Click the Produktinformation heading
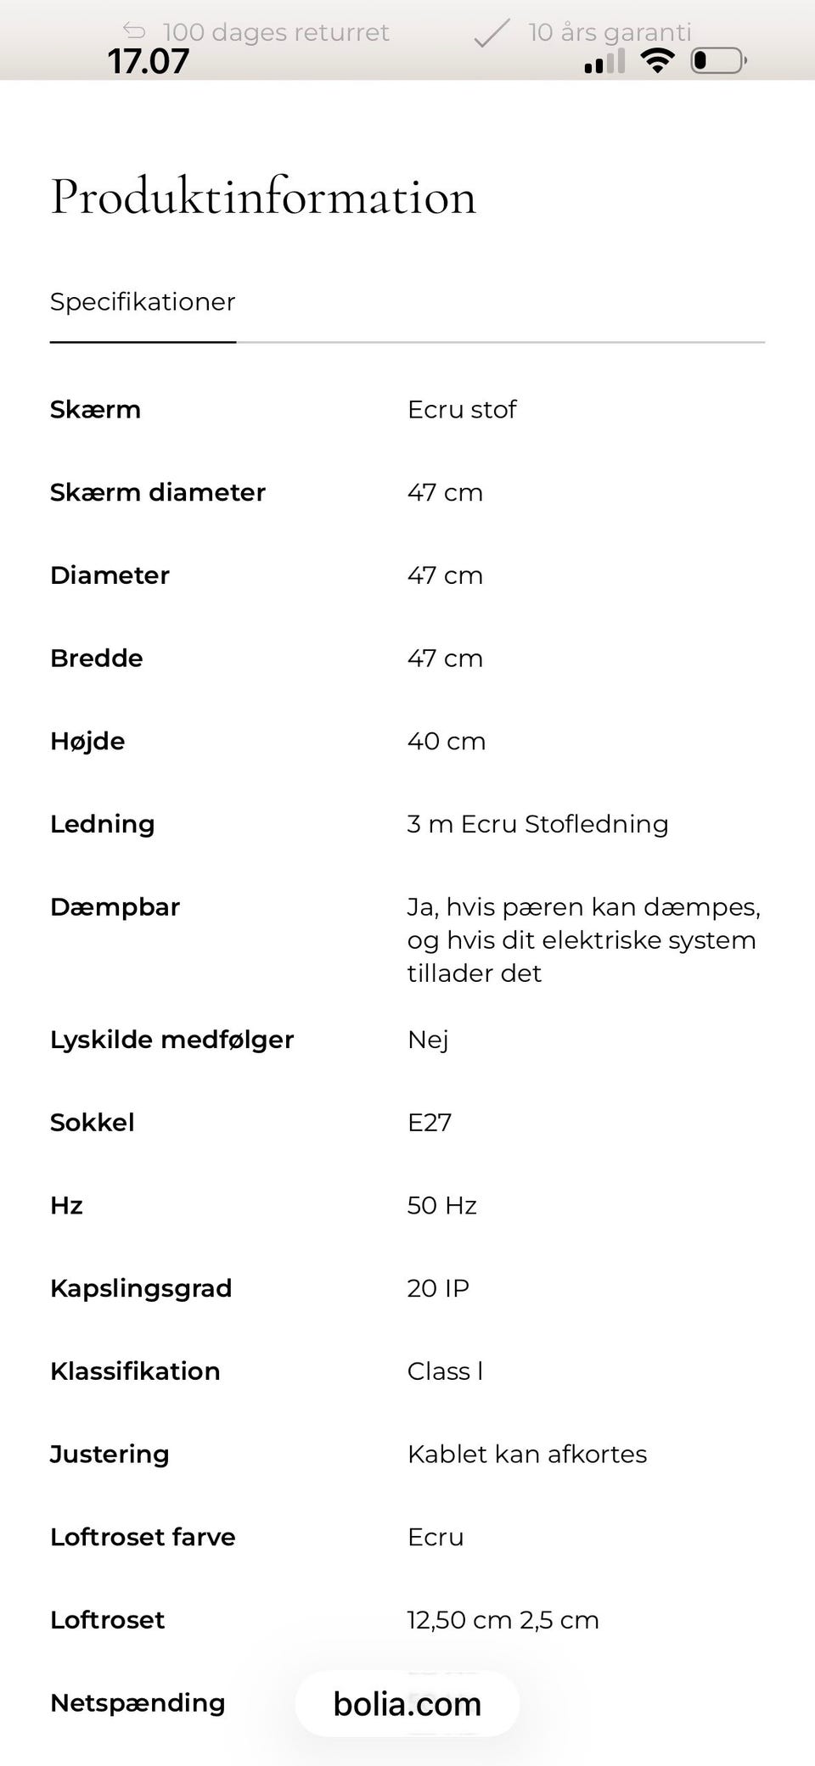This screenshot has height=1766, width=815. coord(263,197)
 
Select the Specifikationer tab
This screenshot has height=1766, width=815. coord(143,302)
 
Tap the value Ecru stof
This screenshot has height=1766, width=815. coord(462,410)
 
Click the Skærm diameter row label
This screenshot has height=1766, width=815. coord(158,492)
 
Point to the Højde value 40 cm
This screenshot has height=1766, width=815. coord(447,741)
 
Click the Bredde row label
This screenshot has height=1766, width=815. coord(97,659)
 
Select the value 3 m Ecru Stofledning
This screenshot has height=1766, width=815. coord(537,824)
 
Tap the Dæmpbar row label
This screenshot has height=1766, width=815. coord(115,907)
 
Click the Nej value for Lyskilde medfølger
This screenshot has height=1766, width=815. coord(428,1040)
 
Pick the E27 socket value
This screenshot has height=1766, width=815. coord(430,1123)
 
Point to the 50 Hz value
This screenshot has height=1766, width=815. coord(441,1206)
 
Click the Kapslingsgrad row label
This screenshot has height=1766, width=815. coord(141,1288)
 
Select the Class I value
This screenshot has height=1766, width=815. coord(445,1371)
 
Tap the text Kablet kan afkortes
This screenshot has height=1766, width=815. coord(526,1455)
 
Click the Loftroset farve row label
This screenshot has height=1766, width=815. coord(143,1537)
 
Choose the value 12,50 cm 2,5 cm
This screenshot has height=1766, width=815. coord(503,1620)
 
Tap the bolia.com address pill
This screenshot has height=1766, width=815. coord(407,1704)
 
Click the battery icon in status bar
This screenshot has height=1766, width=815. coord(719,60)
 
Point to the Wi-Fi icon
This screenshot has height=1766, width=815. coord(657,60)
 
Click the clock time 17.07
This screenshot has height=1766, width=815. coord(149,61)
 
